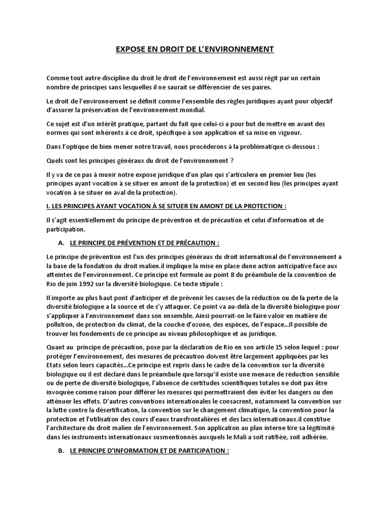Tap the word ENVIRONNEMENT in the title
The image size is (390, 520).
pyautogui.click(x=241, y=49)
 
